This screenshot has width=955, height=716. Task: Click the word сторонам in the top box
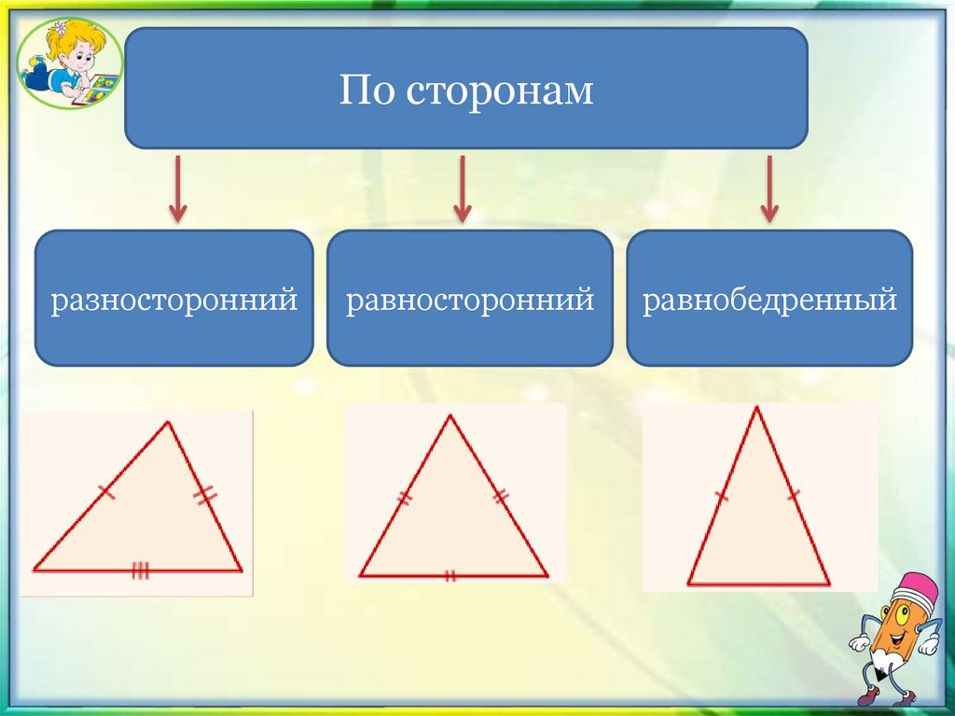pos(503,91)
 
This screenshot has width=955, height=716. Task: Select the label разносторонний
pos(174,300)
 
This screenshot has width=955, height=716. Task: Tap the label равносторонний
pos(470,300)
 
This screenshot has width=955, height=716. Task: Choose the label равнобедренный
pos(769,300)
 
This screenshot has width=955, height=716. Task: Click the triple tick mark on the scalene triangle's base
pos(140,570)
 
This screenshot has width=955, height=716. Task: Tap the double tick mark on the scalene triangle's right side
pos(205,496)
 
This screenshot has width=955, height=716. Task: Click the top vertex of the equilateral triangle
pos(451,415)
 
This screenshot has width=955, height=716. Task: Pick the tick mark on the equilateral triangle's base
pos(450,576)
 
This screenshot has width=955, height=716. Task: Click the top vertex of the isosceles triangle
pos(756,407)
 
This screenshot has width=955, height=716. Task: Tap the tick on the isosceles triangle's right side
pos(793,495)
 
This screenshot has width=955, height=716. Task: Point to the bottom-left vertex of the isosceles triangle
pos(688,583)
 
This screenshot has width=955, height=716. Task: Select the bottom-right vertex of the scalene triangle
pos(241,569)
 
